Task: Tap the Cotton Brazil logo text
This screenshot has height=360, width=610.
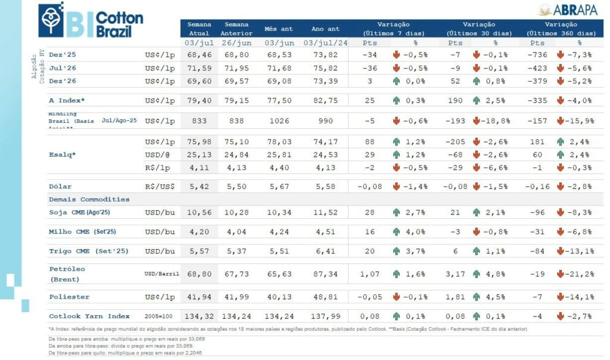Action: pyautogui.click(x=119, y=24)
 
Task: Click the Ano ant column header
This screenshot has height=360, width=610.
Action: pyautogui.click(x=325, y=28)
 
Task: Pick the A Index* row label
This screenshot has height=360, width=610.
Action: pyautogui.click(x=67, y=100)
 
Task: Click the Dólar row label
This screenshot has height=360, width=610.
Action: pyautogui.click(x=60, y=187)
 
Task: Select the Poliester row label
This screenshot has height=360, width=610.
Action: pyautogui.click(x=69, y=296)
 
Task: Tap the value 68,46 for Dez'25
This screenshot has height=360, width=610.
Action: pyautogui.click(x=199, y=54)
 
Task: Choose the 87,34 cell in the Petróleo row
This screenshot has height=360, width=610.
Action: pyautogui.click(x=325, y=274)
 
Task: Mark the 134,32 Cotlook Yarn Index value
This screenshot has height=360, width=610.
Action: pyautogui.click(x=199, y=316)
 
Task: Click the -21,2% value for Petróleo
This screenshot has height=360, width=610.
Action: pyautogui.click(x=578, y=274)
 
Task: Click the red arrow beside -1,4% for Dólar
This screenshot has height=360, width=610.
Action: pyautogui.click(x=396, y=187)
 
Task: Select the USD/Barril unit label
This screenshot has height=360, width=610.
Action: pyautogui.click(x=160, y=274)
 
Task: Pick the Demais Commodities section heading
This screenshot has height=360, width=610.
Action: pyautogui.click(x=89, y=199)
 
